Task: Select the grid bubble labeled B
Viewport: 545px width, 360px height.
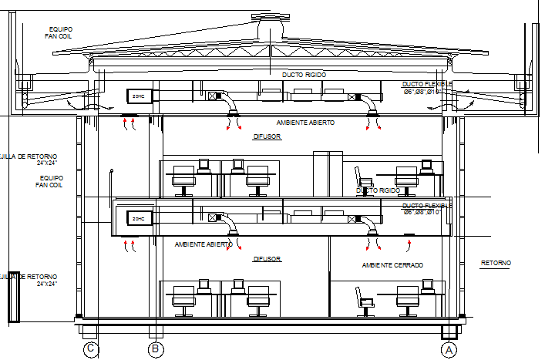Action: click(156, 349)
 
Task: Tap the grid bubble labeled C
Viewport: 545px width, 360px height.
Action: click(91, 349)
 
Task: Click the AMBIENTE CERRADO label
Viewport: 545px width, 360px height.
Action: click(392, 265)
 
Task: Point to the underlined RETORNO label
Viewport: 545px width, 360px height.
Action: click(496, 264)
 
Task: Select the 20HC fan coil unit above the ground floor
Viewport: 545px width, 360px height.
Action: click(140, 218)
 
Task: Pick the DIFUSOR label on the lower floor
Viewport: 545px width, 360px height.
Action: click(267, 259)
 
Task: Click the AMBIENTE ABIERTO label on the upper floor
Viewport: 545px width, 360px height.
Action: click(305, 123)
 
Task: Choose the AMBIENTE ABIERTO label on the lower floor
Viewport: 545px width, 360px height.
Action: click(204, 244)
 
